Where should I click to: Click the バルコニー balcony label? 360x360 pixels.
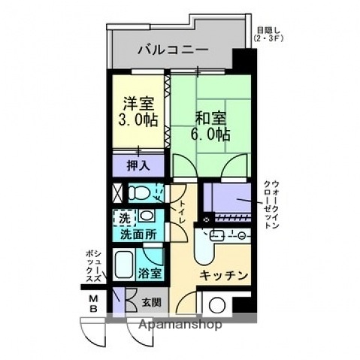click(x=172, y=51)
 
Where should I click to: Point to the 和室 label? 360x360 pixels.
click(x=210, y=118)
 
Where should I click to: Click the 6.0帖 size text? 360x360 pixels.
click(x=211, y=135)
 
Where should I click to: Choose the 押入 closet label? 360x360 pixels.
click(x=138, y=165)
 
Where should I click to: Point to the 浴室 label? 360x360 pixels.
click(x=150, y=273)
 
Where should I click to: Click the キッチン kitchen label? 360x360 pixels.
click(x=224, y=276)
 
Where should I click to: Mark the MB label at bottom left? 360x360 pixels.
click(x=95, y=303)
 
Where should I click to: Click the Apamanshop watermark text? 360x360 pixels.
click(x=179, y=326)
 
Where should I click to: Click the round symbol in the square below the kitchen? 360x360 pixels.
click(x=218, y=306)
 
